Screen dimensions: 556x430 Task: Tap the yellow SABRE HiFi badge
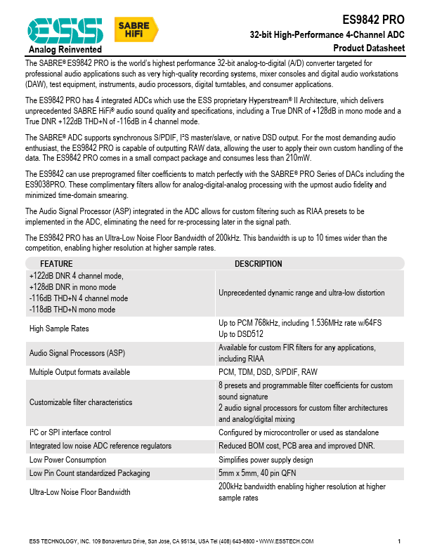(x=136, y=29)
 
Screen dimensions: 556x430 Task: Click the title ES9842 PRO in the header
(x=373, y=20)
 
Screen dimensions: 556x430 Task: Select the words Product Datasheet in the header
(x=369, y=48)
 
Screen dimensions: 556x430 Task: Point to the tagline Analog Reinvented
(x=65, y=50)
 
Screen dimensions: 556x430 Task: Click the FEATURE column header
(x=56, y=264)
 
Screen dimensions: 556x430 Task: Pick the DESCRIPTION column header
(x=258, y=264)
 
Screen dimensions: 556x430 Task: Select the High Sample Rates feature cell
(x=59, y=328)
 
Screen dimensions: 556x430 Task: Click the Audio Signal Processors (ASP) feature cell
(x=77, y=353)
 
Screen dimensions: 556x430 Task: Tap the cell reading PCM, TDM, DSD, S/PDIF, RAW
(x=268, y=371)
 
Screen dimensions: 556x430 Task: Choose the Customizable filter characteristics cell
(x=81, y=402)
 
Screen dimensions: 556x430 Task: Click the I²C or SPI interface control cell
(x=70, y=432)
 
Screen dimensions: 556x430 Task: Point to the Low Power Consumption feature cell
(x=65, y=460)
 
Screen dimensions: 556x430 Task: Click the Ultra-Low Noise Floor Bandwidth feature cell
(x=79, y=492)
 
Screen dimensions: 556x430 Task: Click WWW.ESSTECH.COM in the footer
(x=286, y=541)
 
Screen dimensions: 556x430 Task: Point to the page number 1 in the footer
(x=399, y=541)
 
